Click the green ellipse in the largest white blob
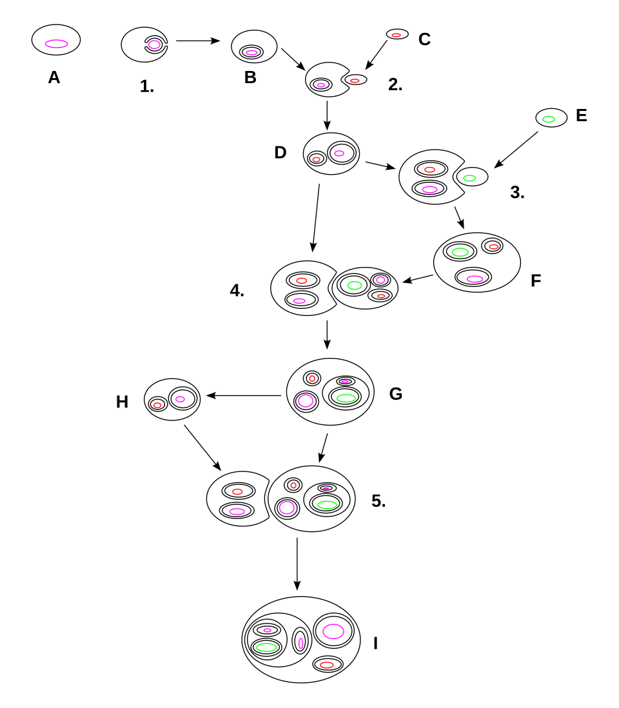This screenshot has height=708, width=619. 266,647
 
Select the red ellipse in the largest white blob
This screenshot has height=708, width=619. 327,665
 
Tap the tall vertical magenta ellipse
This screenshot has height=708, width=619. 300,643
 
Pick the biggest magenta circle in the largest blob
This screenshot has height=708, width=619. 333,631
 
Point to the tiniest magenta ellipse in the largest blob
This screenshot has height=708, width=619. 267,630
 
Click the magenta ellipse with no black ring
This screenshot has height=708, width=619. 56,44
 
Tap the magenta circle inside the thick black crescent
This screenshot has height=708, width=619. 154,44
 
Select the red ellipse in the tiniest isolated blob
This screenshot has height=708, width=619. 397,35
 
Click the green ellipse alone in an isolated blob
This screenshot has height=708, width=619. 549,119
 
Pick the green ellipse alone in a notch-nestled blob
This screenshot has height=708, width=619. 469,178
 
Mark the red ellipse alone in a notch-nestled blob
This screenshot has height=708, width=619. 355,81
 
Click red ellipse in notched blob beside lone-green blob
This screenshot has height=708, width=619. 429,170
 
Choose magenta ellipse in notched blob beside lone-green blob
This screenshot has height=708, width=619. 429,190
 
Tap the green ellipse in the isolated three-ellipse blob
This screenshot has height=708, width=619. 460,252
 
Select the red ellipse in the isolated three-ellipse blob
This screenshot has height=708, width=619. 493,246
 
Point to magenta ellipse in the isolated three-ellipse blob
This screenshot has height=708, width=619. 475,279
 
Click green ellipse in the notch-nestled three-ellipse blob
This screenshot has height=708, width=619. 355,285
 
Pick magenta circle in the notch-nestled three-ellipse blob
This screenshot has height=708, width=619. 380,280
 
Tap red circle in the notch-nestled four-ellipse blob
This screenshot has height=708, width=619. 293,486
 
